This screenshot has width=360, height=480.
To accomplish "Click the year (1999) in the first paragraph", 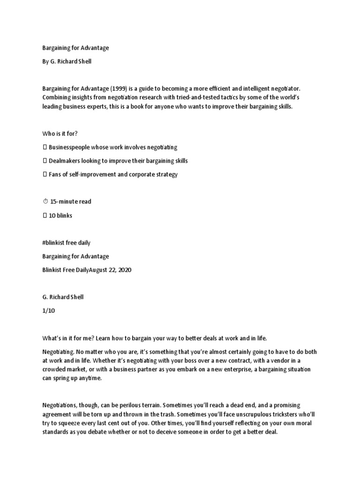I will click(x=117, y=88).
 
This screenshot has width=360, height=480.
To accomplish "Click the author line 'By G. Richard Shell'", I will click(x=67, y=61).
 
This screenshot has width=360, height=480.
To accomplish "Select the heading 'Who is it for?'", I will click(x=60, y=134).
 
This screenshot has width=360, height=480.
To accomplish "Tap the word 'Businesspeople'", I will click(x=70, y=147).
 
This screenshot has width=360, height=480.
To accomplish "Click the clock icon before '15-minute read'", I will click(x=45, y=202).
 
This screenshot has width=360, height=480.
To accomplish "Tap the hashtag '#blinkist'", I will click(x=55, y=243).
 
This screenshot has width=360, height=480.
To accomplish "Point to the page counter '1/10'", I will click(x=48, y=311).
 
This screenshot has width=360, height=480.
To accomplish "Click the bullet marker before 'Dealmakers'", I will click(x=45, y=161).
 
